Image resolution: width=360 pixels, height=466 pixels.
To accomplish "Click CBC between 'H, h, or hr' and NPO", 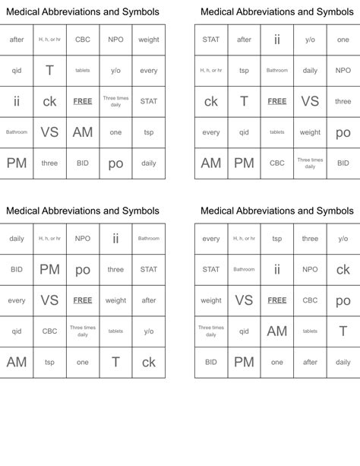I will (x=83, y=40).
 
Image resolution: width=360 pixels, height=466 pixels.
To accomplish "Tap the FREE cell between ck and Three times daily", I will (x=83, y=101).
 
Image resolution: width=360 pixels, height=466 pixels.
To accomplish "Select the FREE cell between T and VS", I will (x=277, y=101).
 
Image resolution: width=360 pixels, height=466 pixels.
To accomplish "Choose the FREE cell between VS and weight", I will (x=83, y=300).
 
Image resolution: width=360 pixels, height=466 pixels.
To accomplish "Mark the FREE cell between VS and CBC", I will (x=277, y=300).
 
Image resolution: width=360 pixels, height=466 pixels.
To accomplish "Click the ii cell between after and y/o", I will (x=277, y=40).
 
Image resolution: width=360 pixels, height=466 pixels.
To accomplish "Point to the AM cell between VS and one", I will (x=83, y=132).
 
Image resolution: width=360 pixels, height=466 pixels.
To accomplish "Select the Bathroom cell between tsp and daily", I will (x=277, y=71).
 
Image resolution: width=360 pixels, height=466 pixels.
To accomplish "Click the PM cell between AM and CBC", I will (x=244, y=163).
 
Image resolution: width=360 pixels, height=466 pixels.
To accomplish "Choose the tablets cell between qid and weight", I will (x=277, y=132).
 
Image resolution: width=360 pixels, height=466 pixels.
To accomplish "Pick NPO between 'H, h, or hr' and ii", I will (x=83, y=239).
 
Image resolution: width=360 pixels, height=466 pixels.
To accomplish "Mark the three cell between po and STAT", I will (x=115, y=269).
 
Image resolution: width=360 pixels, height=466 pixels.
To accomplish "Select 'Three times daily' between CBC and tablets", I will (x=83, y=331).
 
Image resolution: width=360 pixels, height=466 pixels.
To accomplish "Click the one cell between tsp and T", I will (x=83, y=363).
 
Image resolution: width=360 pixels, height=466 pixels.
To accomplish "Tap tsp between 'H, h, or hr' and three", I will (x=277, y=239).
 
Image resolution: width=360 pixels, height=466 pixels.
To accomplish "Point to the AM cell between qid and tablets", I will (x=277, y=331).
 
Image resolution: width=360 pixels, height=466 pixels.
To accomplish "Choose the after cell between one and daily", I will (x=310, y=363).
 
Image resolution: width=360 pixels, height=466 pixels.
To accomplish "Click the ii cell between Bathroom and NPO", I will (x=277, y=269).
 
